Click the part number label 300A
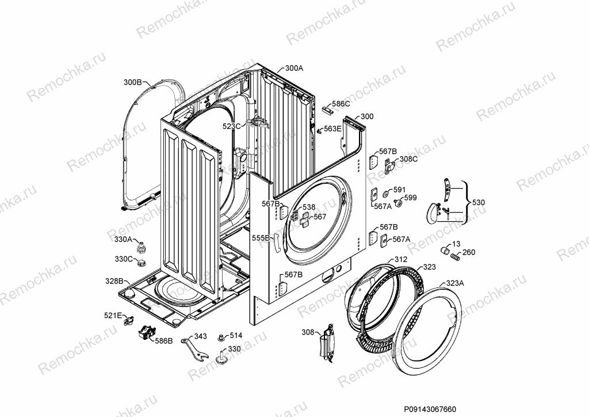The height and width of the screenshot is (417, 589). point(294,68)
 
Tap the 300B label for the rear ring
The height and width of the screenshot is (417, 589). point(133,82)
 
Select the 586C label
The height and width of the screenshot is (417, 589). point(341,104)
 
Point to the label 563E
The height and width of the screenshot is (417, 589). point(333,128)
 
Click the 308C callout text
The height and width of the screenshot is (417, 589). point(408,158)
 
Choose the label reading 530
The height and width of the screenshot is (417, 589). point(478,202)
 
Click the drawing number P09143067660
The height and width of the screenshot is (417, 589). point(430,409)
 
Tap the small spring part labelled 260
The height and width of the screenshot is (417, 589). point(454,257)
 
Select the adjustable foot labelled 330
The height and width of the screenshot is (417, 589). point(221,357)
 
